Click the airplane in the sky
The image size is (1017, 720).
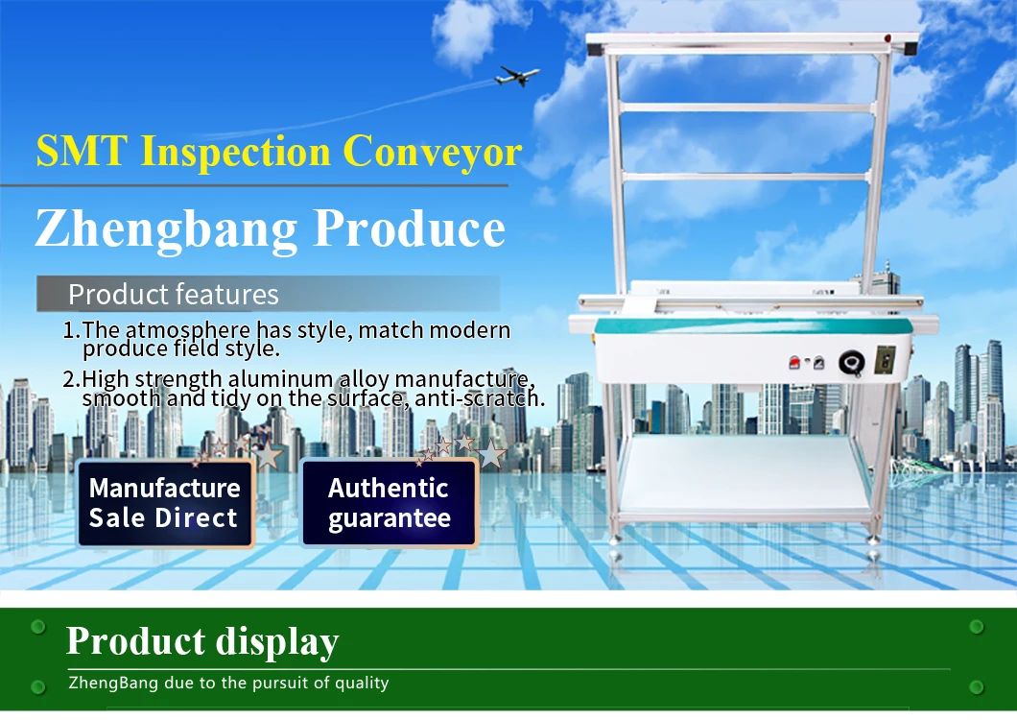[x=517, y=76]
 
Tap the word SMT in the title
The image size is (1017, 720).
[x=82, y=152]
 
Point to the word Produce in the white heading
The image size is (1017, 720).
[x=410, y=228]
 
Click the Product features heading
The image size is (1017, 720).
[x=174, y=295]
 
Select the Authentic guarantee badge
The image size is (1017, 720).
[x=390, y=503]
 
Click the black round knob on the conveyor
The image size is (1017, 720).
[x=851, y=362]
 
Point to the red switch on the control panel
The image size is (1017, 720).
[x=793, y=362]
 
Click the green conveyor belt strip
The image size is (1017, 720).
[x=753, y=325]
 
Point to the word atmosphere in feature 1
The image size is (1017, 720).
[x=187, y=330]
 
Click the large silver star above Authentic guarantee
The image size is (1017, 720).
[x=491, y=454]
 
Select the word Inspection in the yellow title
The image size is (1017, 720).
[x=235, y=152]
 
